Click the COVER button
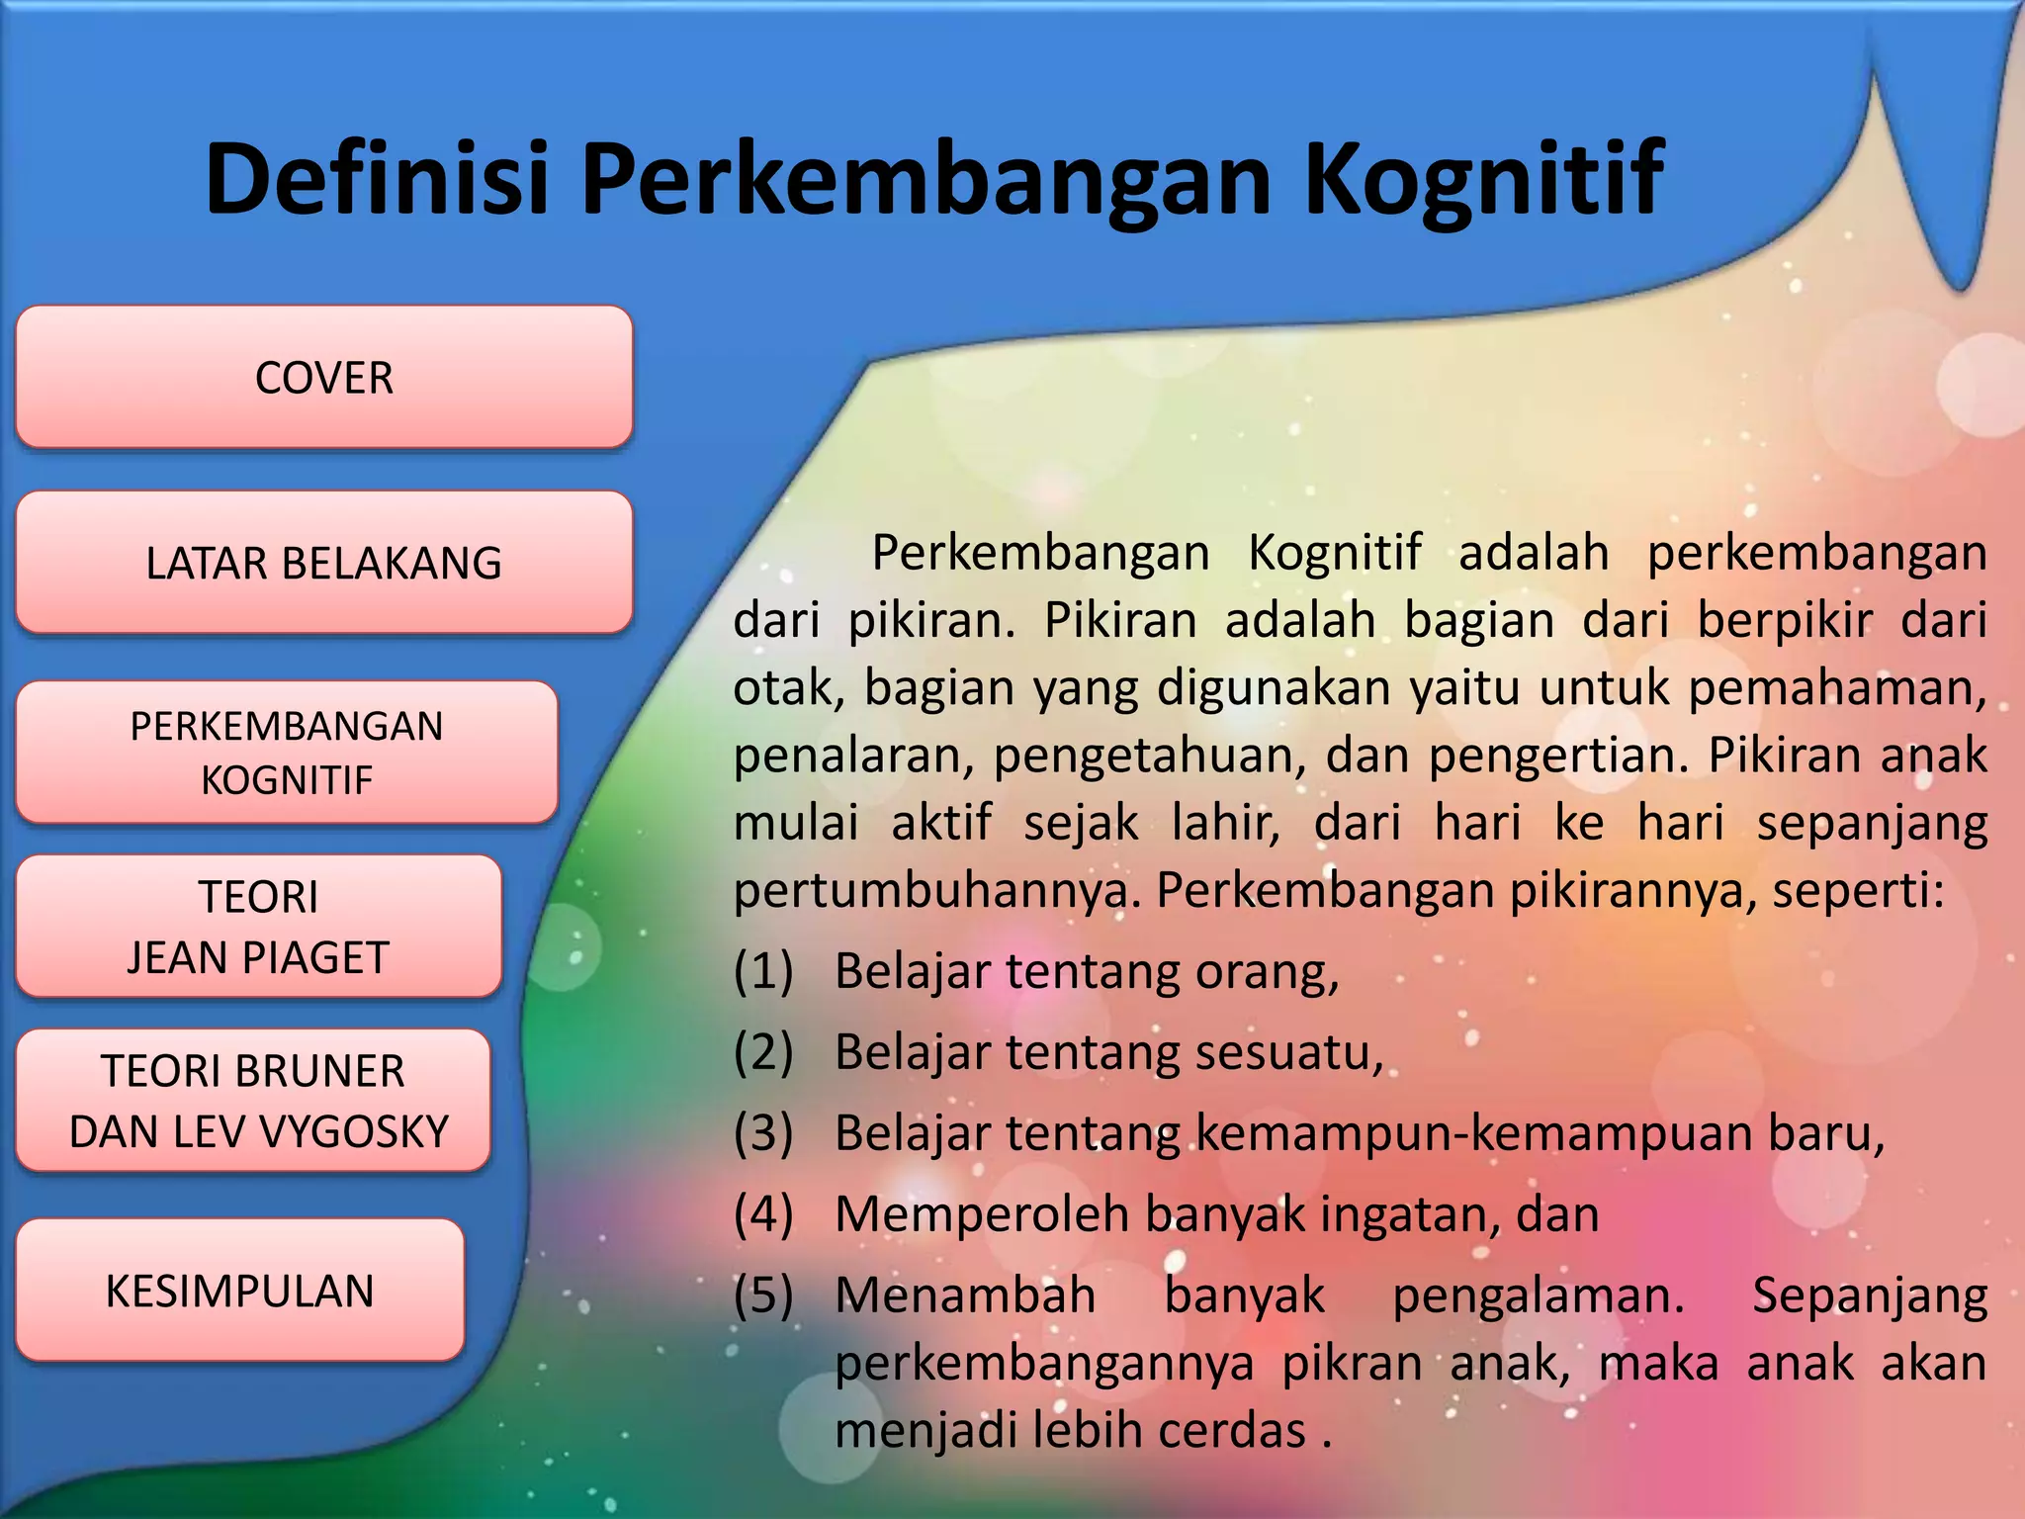(323, 377)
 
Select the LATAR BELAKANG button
(323, 562)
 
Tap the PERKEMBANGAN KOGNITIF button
(287, 752)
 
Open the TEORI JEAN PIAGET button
(258, 927)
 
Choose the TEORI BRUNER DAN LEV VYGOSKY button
(253, 1101)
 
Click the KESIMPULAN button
(240, 1291)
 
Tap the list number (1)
(763, 971)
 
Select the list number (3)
(763, 1133)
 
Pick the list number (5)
(763, 1296)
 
